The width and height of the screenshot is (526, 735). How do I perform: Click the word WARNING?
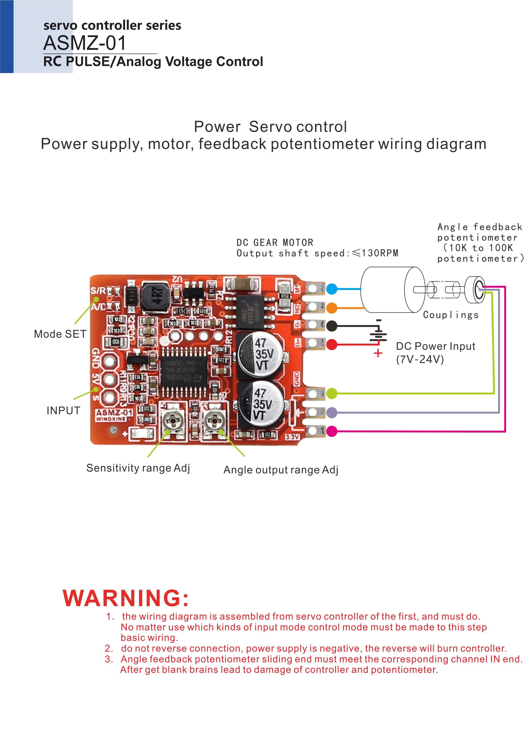click(126, 598)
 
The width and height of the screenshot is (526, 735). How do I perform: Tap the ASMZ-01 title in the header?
click(85, 43)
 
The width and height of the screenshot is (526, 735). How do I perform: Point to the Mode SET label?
click(60, 334)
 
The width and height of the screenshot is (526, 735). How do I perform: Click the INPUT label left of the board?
click(63, 411)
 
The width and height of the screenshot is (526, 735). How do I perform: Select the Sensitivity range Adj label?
click(138, 468)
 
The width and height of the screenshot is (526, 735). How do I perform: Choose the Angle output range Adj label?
click(281, 470)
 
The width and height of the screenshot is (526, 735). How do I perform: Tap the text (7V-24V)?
click(420, 359)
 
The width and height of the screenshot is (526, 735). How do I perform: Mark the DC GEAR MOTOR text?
click(275, 243)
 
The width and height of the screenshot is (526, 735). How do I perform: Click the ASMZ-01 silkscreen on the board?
click(114, 413)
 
